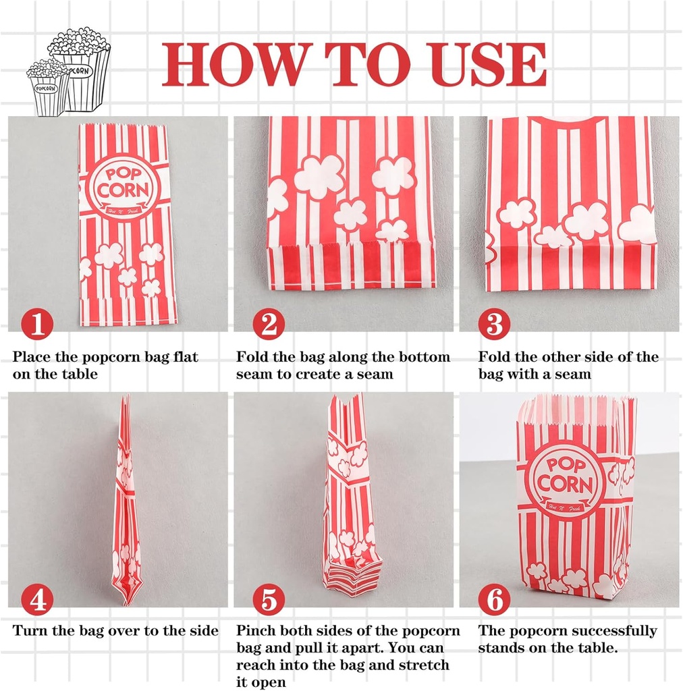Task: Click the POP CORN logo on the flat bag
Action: click(121, 184)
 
